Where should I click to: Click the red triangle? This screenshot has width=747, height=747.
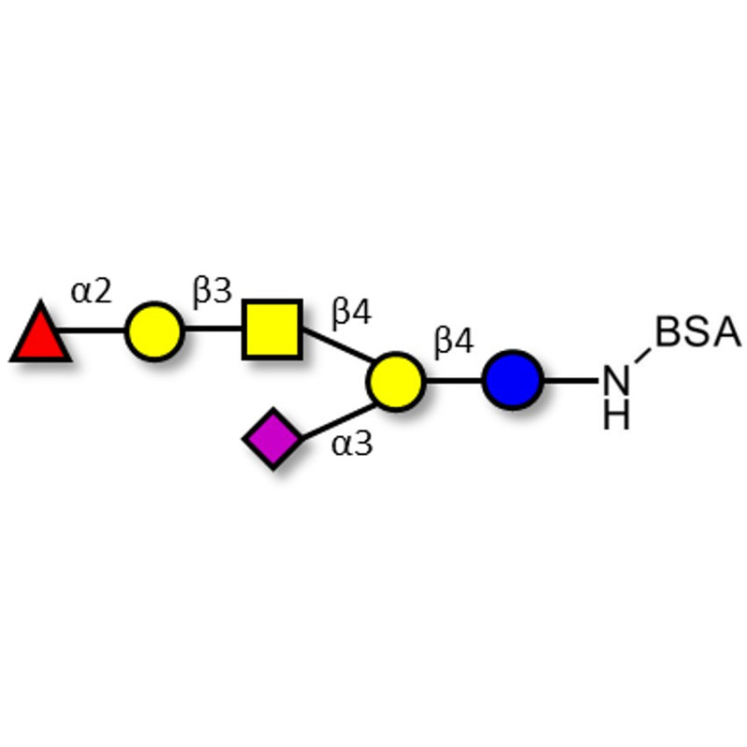[x=41, y=333]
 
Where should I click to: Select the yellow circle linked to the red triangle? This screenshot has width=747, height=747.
[x=154, y=331]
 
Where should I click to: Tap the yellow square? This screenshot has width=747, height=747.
[x=273, y=330]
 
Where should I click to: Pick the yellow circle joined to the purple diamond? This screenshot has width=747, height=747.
[x=395, y=381]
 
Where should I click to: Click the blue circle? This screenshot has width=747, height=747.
[x=513, y=380]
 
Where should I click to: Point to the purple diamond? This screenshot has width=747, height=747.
[x=273, y=438]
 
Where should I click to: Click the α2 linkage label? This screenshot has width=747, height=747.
[x=91, y=291]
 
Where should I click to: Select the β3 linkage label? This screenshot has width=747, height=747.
[x=213, y=291]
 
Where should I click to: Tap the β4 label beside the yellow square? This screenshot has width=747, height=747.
[x=352, y=313]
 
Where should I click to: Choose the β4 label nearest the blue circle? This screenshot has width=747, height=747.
[x=454, y=342]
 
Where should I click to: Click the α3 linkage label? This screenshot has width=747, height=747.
[x=352, y=444]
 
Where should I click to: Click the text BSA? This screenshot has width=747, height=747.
[x=698, y=332]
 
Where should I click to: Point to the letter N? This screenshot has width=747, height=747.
[x=616, y=381]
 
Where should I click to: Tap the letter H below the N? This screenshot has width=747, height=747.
[x=616, y=416]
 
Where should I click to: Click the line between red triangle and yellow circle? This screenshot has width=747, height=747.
[x=91, y=331]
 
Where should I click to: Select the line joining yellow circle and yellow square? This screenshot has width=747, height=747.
[x=214, y=329]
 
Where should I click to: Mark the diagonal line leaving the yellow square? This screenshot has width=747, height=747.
[x=338, y=344]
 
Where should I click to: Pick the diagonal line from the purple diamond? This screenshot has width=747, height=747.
[x=339, y=421]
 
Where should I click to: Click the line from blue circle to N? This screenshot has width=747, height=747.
[x=571, y=380]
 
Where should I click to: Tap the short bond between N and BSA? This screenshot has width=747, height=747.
[x=643, y=356]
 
